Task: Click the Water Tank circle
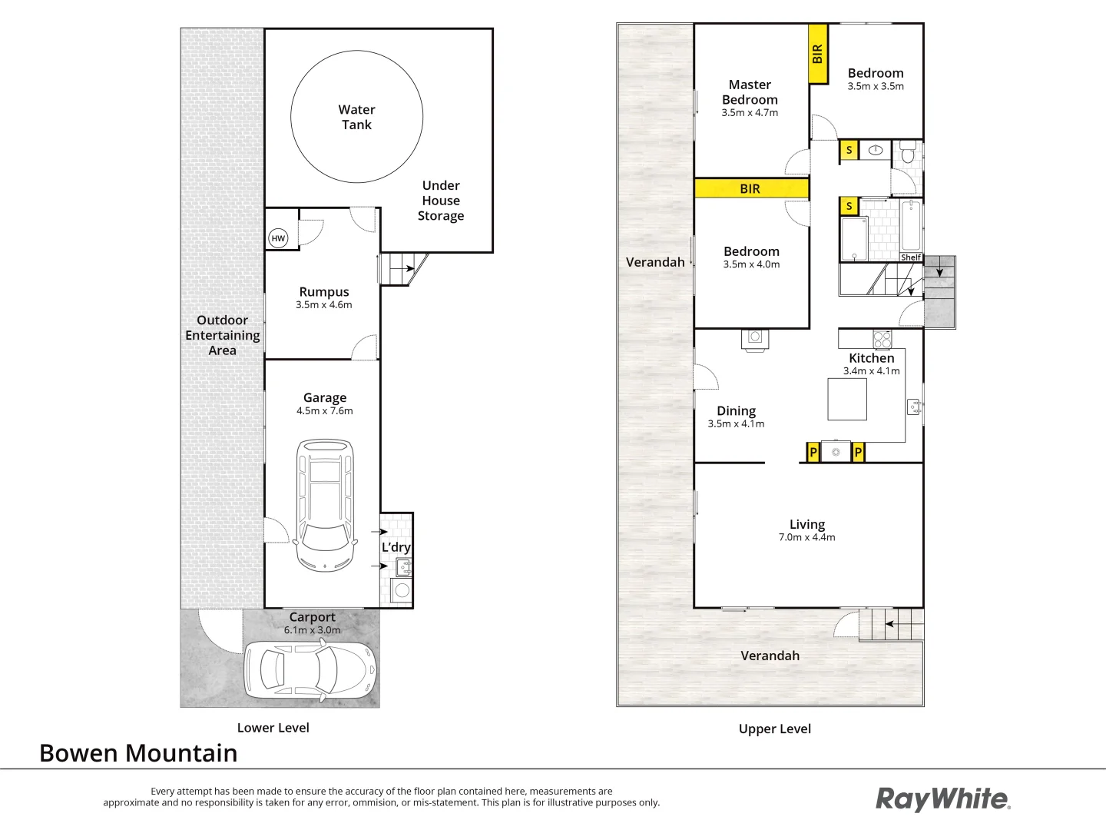coord(356,117)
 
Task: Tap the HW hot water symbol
coord(278,238)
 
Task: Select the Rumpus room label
coord(324,292)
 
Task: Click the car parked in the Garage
coord(326,505)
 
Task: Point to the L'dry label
coord(396,547)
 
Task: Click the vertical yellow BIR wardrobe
coord(818,54)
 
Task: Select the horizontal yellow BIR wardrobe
coord(751,188)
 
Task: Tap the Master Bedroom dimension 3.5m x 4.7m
coord(750,113)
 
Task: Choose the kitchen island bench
coord(847,399)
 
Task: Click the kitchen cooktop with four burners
coord(882,339)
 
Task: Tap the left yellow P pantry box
coord(813,453)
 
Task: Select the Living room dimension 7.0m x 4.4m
coord(806,537)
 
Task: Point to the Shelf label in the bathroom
coord(911,257)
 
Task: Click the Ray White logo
coord(943,799)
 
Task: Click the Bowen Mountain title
coord(138,753)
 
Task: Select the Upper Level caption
coord(774,729)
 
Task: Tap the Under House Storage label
coord(441,201)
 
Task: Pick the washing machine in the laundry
coord(401,591)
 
